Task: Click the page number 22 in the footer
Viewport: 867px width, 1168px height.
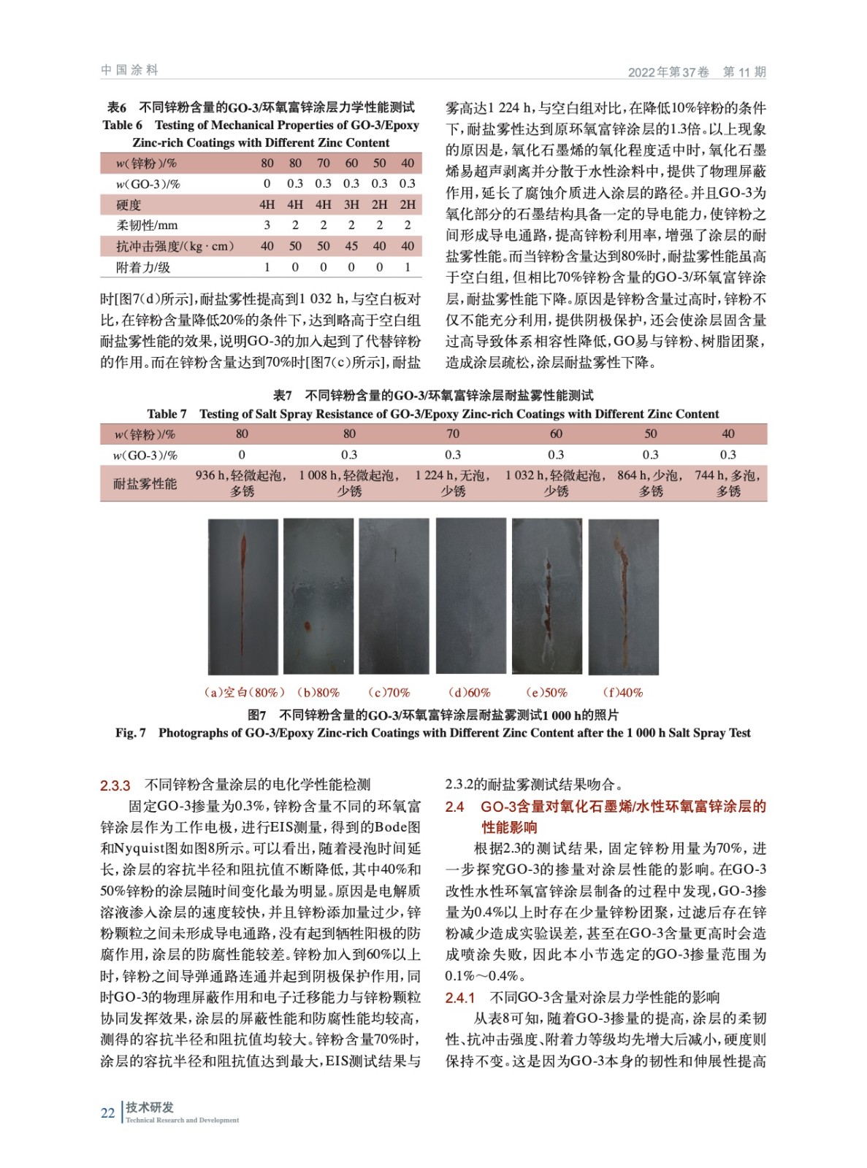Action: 107,1113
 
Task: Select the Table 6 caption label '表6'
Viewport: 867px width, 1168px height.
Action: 117,107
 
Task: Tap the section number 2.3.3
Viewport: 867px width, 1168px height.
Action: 115,785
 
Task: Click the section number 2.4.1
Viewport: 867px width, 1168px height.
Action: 460,997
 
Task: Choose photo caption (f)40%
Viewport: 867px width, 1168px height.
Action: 622,692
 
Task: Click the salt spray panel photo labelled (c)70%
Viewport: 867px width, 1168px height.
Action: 394,596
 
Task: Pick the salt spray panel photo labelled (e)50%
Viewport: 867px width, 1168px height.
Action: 547,596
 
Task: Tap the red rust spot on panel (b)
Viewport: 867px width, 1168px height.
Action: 308,626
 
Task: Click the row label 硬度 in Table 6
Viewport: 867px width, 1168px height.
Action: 129,204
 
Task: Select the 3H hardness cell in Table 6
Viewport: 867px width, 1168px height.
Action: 351,204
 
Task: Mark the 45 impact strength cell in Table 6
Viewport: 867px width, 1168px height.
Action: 351,246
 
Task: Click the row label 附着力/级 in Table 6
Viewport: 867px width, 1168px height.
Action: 143,267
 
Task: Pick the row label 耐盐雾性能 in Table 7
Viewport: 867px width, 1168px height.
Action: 145,483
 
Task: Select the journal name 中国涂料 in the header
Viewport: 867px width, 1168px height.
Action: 130,70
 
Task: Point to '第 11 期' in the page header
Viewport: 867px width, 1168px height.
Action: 744,72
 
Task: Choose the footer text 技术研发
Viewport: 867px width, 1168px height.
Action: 150,1107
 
